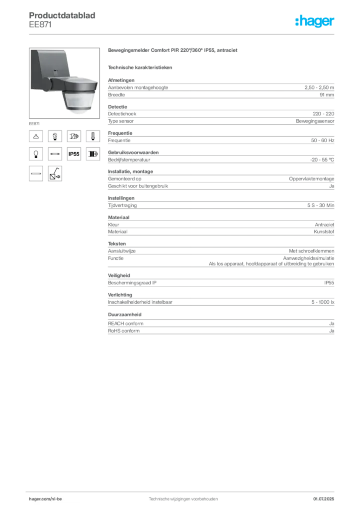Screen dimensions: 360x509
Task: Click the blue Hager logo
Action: coord(315,21)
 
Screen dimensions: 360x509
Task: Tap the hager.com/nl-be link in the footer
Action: coord(55,499)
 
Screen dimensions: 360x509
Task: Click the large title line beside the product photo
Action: coord(173,51)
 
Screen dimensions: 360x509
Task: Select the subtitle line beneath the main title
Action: coord(141,67)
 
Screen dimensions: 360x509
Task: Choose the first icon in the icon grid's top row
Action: coord(35,135)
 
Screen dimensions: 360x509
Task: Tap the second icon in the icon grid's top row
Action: coord(55,135)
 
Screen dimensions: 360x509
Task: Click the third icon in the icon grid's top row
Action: coord(74,135)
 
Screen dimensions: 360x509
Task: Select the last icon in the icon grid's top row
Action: coord(92,135)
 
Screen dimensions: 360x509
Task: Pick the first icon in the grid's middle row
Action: coord(35,155)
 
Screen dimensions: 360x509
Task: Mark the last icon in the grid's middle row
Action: coord(92,155)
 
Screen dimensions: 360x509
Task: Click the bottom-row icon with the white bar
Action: coord(35,173)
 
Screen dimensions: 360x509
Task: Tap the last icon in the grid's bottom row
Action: coord(55,173)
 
